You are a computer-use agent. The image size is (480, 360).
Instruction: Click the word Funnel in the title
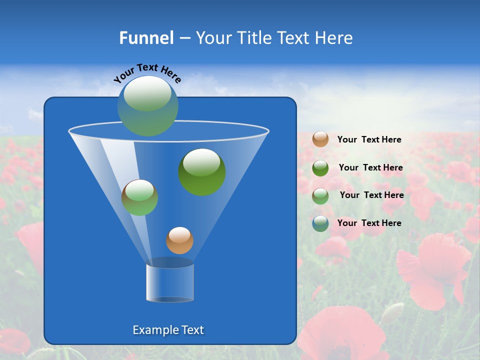(146, 38)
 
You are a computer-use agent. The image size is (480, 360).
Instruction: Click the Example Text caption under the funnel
(168, 330)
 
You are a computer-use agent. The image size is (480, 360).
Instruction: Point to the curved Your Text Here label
(147, 72)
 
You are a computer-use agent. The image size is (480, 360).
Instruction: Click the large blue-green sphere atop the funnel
(147, 105)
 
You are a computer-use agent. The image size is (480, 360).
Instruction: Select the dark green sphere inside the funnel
(201, 171)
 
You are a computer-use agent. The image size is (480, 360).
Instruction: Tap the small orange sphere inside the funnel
(179, 240)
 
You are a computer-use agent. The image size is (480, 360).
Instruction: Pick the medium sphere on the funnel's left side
(139, 197)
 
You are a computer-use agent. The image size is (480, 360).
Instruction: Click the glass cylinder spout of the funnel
(169, 281)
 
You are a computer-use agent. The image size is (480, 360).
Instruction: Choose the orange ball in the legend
(320, 139)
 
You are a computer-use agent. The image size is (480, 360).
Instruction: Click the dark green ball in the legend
(320, 168)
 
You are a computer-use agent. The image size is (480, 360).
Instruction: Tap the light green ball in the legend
(320, 196)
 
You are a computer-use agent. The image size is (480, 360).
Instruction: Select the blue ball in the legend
(320, 223)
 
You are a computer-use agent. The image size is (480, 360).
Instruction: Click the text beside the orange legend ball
(369, 139)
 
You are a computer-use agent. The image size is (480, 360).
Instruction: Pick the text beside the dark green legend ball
(370, 167)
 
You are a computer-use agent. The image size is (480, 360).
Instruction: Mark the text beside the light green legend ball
(371, 195)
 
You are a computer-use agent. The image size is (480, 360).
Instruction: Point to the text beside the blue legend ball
(369, 223)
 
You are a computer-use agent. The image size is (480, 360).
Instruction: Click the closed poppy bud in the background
(393, 312)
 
